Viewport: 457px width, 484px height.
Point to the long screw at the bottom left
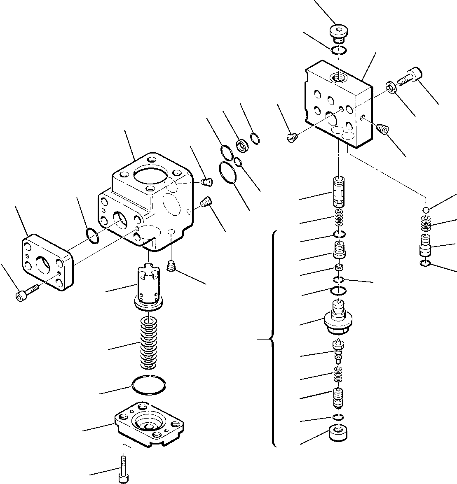123,468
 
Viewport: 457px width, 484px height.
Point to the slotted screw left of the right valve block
292,138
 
